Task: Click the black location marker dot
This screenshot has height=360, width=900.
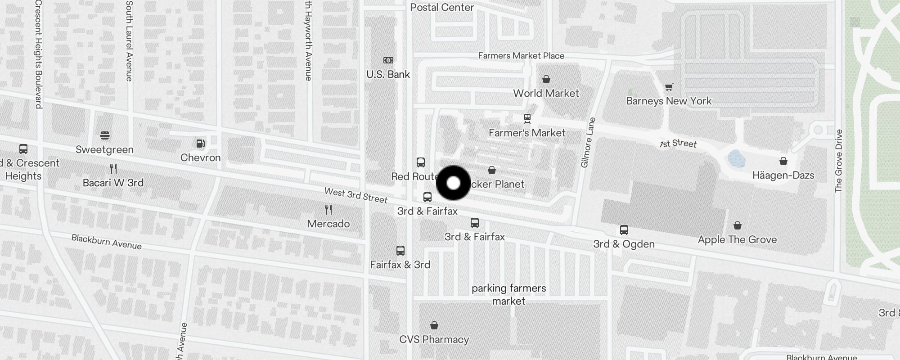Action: pyautogui.click(x=454, y=183)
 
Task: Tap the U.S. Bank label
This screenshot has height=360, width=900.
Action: pyautogui.click(x=388, y=74)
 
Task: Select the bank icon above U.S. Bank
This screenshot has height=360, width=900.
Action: pyautogui.click(x=388, y=60)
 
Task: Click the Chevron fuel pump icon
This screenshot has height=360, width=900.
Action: pyautogui.click(x=201, y=144)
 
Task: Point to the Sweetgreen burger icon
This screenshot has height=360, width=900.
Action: pyautogui.click(x=105, y=135)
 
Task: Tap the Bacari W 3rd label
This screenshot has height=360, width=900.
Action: pyautogui.click(x=113, y=183)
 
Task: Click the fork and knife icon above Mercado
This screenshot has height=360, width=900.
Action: pyautogui.click(x=328, y=210)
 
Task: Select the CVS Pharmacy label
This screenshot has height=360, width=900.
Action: pyautogui.click(x=434, y=339)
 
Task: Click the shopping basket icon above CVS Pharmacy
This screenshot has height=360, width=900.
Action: pyautogui.click(x=434, y=325)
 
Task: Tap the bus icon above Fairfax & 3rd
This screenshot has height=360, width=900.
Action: pyautogui.click(x=400, y=251)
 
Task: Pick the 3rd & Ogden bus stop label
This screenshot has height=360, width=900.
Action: pyautogui.click(x=624, y=244)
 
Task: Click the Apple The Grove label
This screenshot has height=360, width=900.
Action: pyautogui.click(x=737, y=239)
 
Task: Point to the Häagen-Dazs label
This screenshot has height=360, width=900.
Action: pyautogui.click(x=783, y=175)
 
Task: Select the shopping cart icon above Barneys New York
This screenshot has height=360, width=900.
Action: pyautogui.click(x=669, y=87)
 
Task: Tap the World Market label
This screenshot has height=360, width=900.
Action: pyautogui.click(x=546, y=93)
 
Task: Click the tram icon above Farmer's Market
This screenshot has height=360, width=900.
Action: pyautogui.click(x=527, y=118)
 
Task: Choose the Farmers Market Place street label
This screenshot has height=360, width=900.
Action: pyautogui.click(x=521, y=56)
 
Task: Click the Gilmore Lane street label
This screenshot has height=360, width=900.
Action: pyautogui.click(x=588, y=143)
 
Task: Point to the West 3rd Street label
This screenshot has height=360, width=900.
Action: pyautogui.click(x=355, y=195)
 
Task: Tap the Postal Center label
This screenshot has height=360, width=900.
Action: pyautogui.click(x=442, y=7)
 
